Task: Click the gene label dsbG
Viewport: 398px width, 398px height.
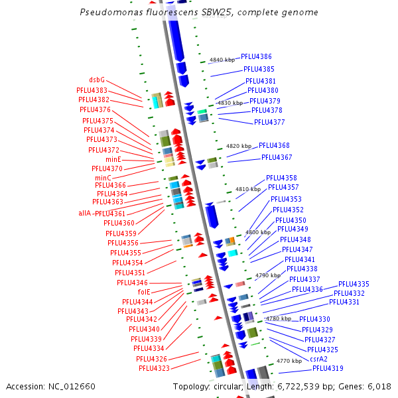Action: (x=97, y=80)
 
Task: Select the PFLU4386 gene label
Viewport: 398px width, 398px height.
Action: (x=256, y=57)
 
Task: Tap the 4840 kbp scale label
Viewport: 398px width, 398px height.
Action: (x=222, y=60)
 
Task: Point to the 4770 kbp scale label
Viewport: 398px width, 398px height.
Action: (x=289, y=361)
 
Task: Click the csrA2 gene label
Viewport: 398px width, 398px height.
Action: (x=319, y=359)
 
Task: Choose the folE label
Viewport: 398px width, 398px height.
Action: (x=144, y=292)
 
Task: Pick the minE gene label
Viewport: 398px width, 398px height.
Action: (x=113, y=160)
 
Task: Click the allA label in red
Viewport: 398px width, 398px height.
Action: (x=86, y=214)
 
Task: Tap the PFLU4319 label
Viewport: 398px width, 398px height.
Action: (x=328, y=368)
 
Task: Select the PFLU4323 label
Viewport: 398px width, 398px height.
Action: (x=154, y=368)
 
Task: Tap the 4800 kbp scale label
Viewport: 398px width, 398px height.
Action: (x=258, y=233)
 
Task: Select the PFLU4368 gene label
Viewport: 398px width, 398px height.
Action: (x=274, y=145)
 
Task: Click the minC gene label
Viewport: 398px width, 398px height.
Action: (x=103, y=178)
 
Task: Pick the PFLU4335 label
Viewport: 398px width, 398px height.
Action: (x=354, y=284)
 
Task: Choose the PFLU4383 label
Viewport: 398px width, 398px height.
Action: (x=92, y=90)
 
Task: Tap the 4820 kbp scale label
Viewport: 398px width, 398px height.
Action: (x=239, y=146)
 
